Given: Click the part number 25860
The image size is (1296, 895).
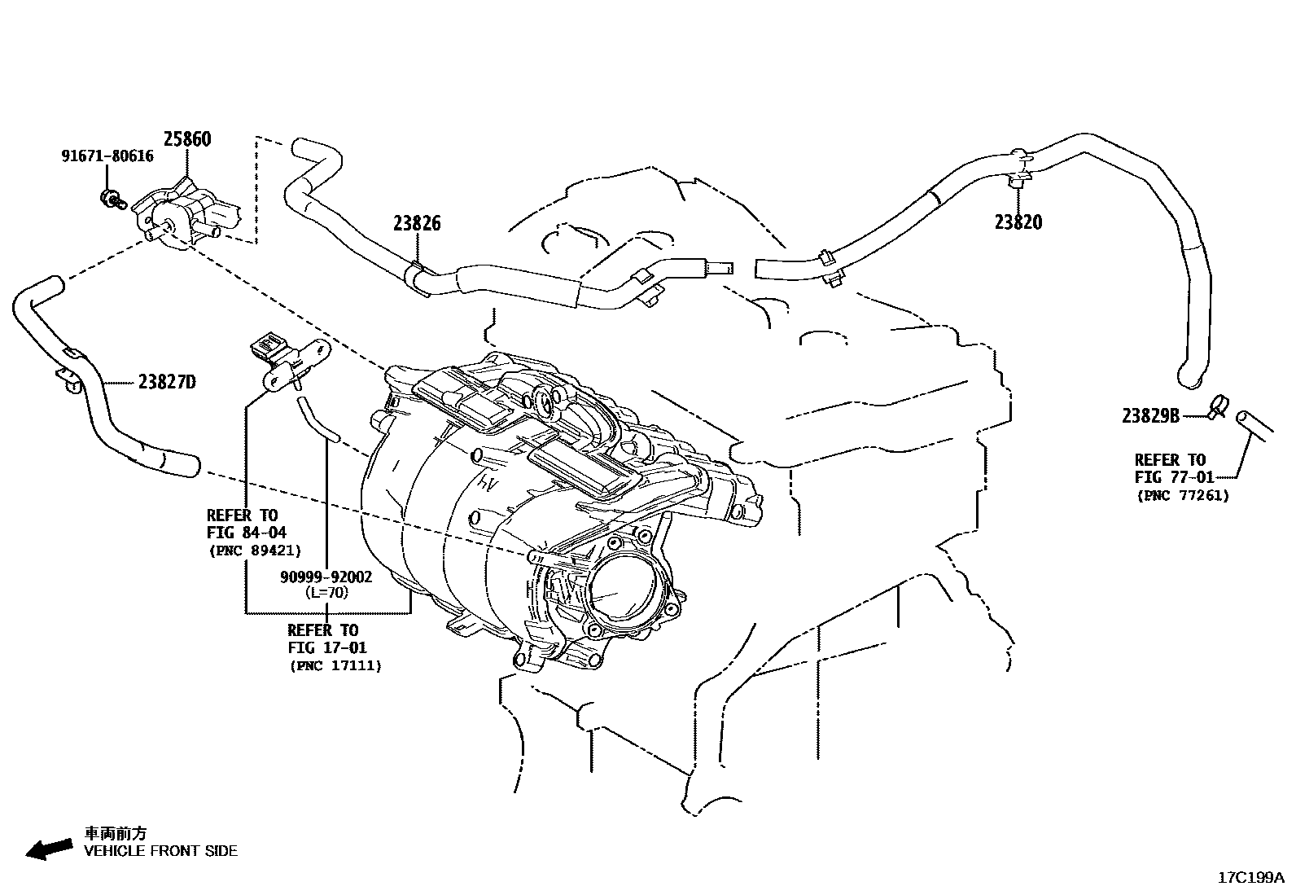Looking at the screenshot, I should point(186,139).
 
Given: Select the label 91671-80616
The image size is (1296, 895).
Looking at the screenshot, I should point(107,156).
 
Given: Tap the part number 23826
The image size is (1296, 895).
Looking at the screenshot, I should point(417,223).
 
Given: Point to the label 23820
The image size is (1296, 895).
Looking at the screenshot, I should point(1018,222).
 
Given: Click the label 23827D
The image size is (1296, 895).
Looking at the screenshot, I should point(166,382).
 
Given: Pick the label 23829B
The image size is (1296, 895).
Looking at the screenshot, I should point(1150,416).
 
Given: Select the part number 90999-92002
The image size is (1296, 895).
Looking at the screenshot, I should point(326,577).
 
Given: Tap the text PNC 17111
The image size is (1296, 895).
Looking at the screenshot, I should point(335,665).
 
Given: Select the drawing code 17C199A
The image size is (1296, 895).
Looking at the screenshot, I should point(1250,878).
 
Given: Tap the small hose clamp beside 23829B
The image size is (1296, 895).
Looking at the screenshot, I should point(1218,405).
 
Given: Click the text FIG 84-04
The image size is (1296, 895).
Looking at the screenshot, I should point(246,533).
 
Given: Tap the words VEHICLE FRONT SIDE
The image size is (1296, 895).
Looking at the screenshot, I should point(160,851).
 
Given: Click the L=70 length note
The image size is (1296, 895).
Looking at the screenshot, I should point(326,593).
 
